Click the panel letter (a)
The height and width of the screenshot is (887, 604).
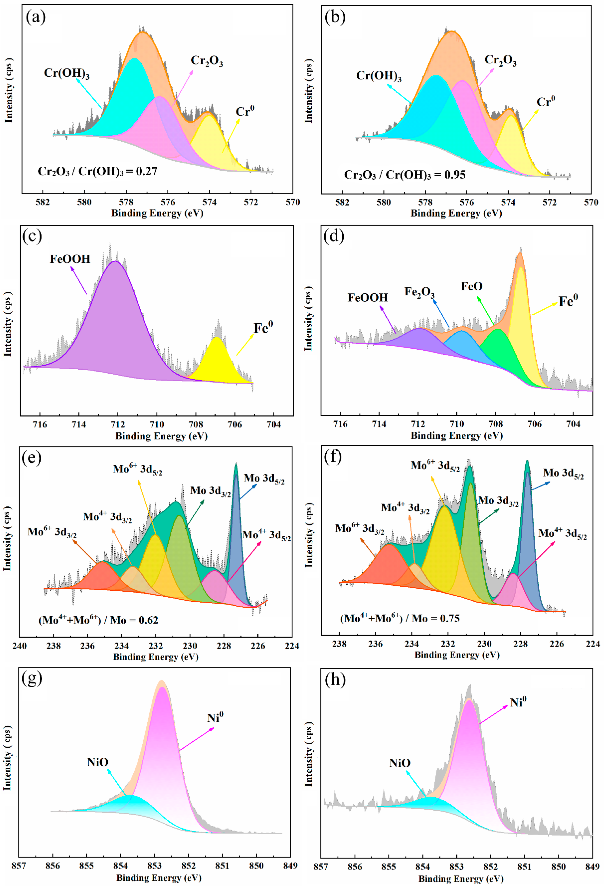35,17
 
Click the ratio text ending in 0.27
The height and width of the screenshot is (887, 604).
97,171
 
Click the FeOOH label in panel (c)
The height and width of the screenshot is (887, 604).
70,259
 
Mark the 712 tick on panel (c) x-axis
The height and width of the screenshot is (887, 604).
117,424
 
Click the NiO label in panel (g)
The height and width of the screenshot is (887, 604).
98,763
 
